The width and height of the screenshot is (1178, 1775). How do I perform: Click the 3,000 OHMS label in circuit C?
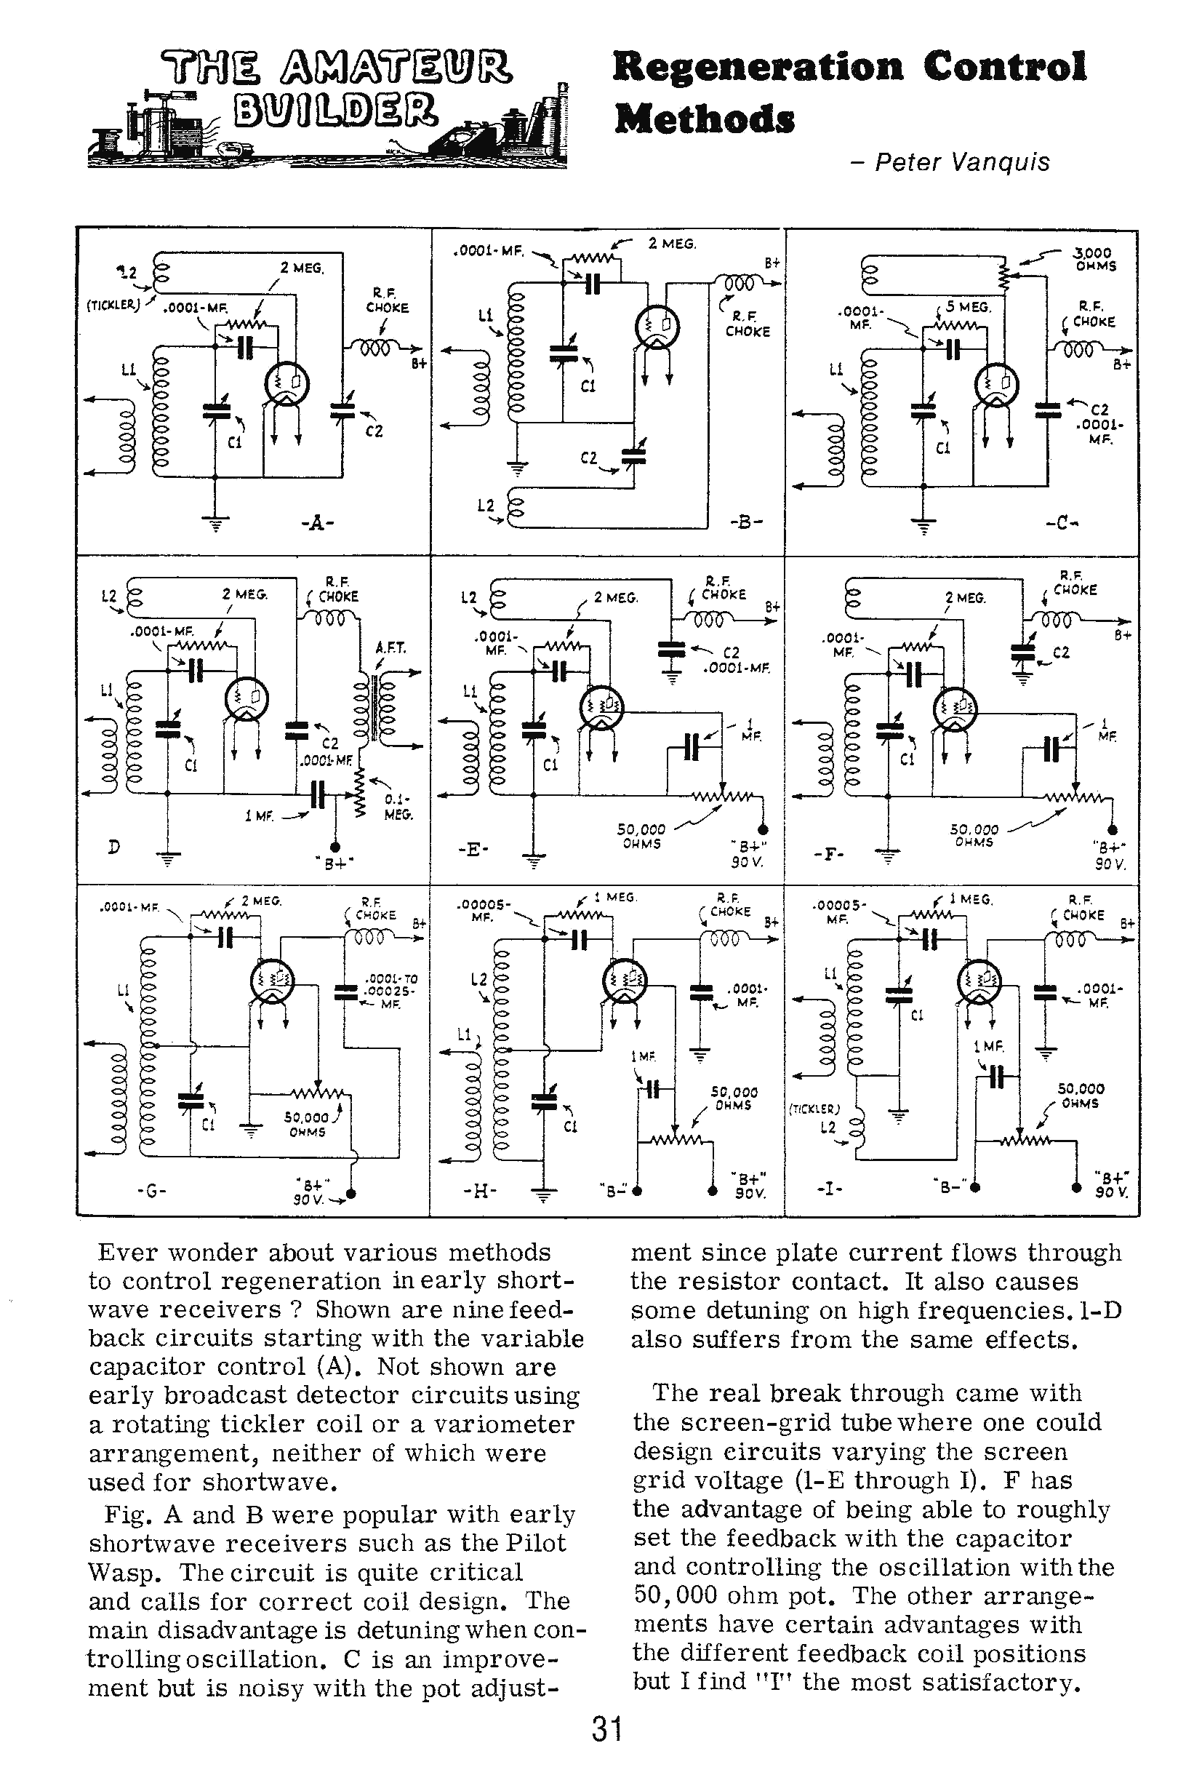(1094, 259)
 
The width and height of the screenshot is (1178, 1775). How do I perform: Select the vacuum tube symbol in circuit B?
(657, 325)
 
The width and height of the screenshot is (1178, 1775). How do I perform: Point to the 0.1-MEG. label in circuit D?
(398, 807)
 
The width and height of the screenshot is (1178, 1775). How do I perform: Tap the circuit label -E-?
(473, 850)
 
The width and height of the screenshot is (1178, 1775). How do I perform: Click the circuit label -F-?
(829, 855)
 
